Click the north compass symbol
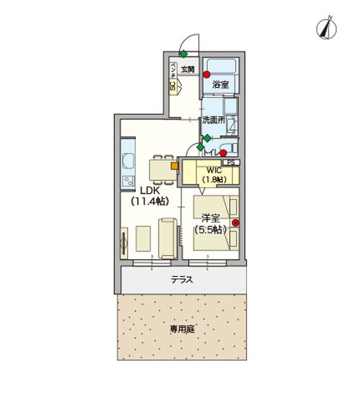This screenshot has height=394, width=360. click(x=326, y=28)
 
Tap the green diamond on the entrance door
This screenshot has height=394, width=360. click(x=184, y=54)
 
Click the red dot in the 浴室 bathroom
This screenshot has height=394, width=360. click(x=207, y=74)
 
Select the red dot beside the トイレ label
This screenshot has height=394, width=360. click(x=223, y=154)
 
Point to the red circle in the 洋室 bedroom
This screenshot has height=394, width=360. click(x=235, y=223)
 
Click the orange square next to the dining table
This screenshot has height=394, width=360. click(x=174, y=166)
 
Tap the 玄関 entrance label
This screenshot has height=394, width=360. click(x=188, y=68)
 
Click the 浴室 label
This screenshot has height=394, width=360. click(x=221, y=85)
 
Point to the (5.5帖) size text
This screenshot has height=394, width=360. click(x=210, y=230)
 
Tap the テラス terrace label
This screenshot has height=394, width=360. click(x=182, y=279)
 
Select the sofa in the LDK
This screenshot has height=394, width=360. click(x=167, y=238)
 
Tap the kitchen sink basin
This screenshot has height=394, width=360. click(x=126, y=162)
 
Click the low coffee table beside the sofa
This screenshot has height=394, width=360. click(x=143, y=238)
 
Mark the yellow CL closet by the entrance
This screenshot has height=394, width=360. click(x=173, y=86)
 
